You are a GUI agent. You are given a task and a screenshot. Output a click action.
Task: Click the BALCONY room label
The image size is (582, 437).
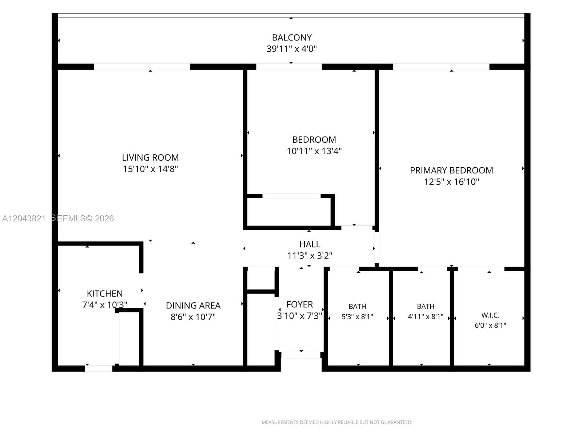point(292,38)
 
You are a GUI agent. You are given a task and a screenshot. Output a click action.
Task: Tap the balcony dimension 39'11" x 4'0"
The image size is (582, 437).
point(292,49)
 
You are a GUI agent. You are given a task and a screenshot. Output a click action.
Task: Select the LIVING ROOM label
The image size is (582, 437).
point(150,158)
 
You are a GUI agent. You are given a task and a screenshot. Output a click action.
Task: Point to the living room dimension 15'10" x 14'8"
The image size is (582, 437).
point(150,169)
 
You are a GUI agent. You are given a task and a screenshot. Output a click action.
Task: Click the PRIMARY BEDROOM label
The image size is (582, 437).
point(451,170)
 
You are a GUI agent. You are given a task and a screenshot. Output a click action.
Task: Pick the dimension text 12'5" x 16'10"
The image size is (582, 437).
point(451,182)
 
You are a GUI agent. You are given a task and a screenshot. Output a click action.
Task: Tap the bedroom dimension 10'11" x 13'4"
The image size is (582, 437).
point(314,151)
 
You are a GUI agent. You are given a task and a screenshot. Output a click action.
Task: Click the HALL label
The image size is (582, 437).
point(310,244)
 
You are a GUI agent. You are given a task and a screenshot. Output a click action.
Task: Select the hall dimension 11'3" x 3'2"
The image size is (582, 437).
point(310,256)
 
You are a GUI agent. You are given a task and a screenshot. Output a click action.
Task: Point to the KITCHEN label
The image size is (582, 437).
point(105,294)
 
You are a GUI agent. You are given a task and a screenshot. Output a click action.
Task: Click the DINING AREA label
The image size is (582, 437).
point(193,306)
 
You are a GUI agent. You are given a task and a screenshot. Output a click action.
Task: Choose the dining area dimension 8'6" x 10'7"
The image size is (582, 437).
point(193,317)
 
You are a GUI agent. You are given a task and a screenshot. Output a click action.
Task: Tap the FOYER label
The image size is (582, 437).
point(300,304)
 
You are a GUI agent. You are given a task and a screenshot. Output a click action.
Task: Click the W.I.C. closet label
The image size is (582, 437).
point(490,315)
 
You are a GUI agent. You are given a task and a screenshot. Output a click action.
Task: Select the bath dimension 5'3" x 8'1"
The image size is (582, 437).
point(358,316)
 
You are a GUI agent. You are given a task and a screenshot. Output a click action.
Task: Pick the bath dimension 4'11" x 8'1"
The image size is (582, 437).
point(426,316)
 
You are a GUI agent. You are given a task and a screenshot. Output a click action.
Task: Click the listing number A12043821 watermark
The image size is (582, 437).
point(24,219)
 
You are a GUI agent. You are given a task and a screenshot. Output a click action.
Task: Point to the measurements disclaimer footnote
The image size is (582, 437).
point(337,422)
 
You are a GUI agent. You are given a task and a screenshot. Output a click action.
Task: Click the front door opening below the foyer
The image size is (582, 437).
point(301,355)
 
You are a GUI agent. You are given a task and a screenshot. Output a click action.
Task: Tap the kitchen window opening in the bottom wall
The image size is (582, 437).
point(99,369)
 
